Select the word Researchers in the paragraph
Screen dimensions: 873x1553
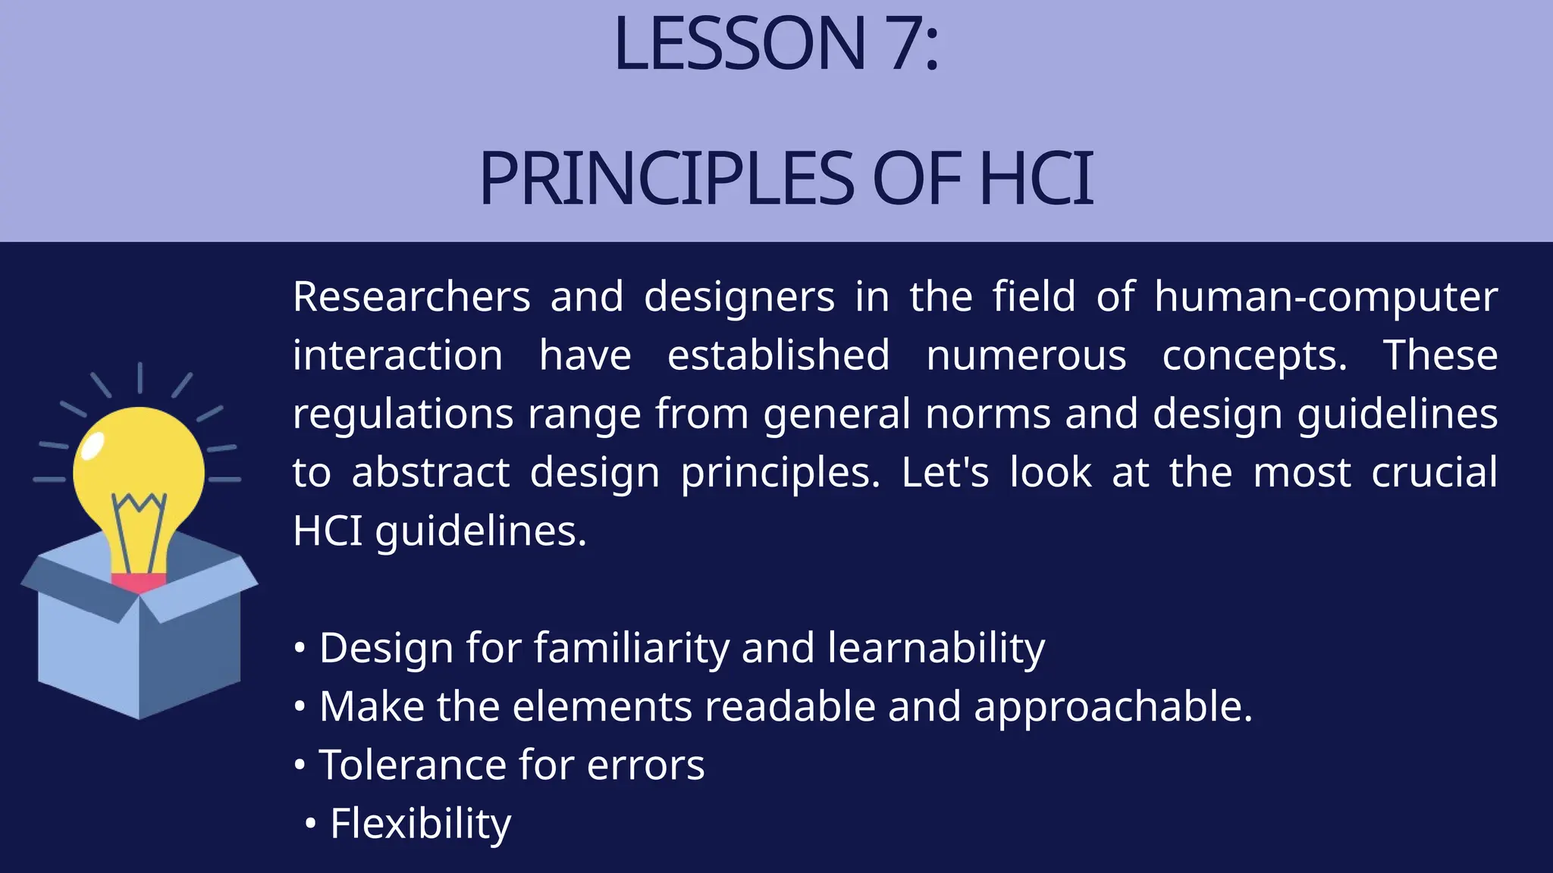411,296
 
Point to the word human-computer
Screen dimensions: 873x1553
1326,296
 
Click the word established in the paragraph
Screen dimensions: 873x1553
778,355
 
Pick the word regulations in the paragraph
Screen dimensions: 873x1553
403,415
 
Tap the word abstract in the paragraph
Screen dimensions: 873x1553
430,473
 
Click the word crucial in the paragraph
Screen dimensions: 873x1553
1434,473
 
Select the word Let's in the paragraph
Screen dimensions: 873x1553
945,473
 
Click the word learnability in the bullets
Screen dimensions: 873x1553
936,649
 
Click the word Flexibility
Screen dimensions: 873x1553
420,824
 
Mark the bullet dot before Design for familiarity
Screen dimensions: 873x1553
300,649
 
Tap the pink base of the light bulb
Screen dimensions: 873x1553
138,582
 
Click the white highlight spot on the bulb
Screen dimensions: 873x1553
92,446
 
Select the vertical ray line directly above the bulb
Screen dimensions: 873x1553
140,377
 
